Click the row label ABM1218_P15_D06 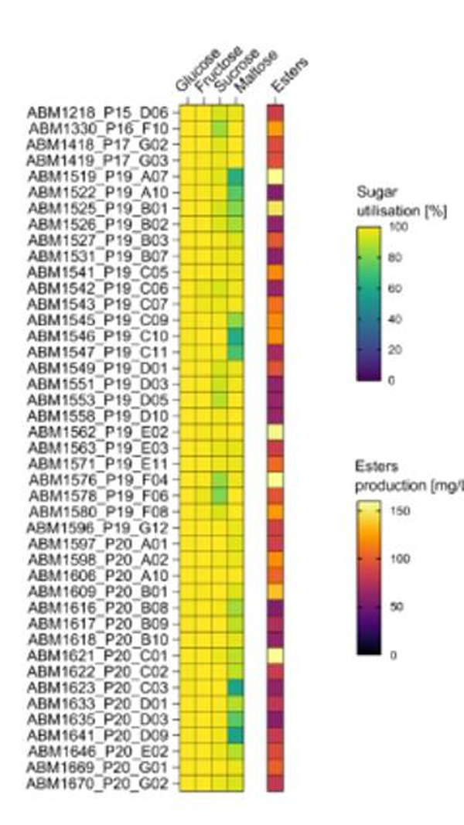(x=97, y=112)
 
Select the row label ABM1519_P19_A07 (x=97, y=176)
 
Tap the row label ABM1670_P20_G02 (x=97, y=784)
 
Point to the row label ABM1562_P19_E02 (x=97, y=431)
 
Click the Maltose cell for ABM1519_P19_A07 (x=236, y=176)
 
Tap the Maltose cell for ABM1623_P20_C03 (x=236, y=687)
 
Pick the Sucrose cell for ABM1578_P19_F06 (x=220, y=496)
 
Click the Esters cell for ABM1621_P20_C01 (x=275, y=656)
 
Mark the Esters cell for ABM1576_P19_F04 (x=275, y=479)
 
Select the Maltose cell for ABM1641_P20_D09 (x=236, y=735)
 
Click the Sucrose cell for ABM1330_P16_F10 (x=220, y=128)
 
